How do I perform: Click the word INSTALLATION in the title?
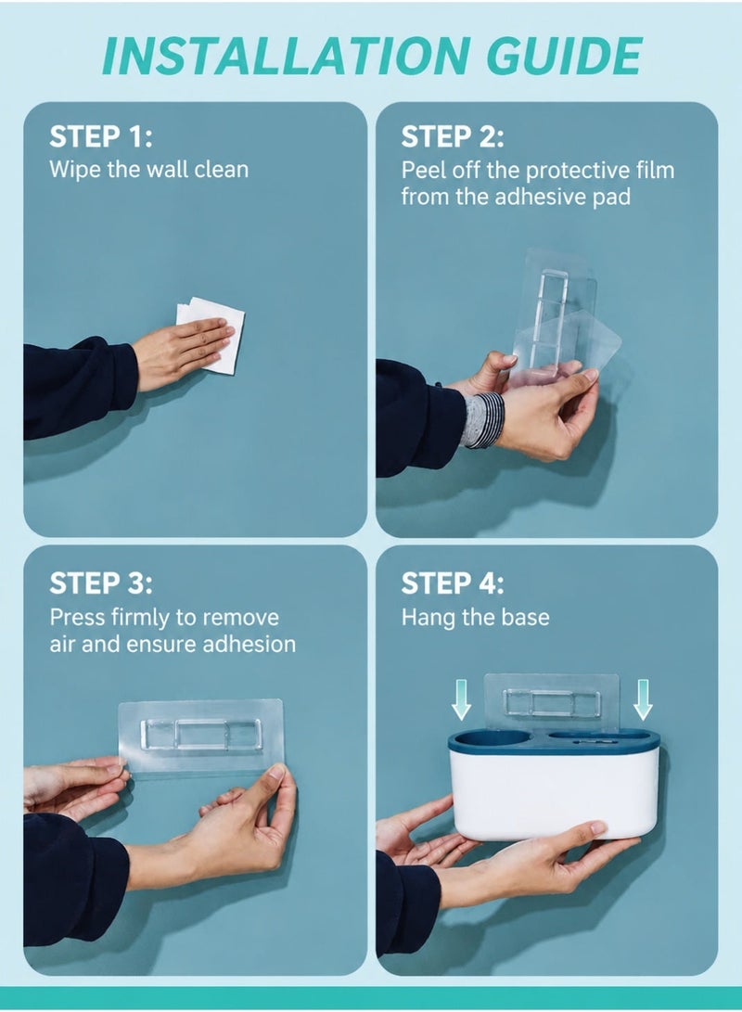point(285,57)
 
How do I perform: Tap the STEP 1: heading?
point(101,136)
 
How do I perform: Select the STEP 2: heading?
point(453,136)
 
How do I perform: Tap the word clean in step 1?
point(222,169)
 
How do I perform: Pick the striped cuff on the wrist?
point(481,419)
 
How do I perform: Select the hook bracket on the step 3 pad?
point(201,735)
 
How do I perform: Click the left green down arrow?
point(461,699)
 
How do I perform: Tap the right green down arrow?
point(643,699)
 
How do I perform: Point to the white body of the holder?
point(555,794)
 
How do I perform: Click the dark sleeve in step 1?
point(79,386)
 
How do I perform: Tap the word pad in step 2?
point(613,197)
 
